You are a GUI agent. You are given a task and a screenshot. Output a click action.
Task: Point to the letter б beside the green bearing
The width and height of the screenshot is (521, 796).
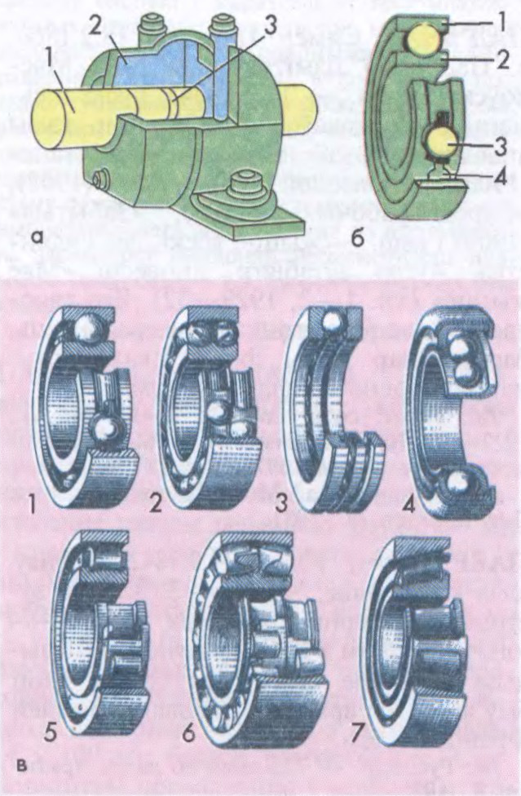click(358, 235)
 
